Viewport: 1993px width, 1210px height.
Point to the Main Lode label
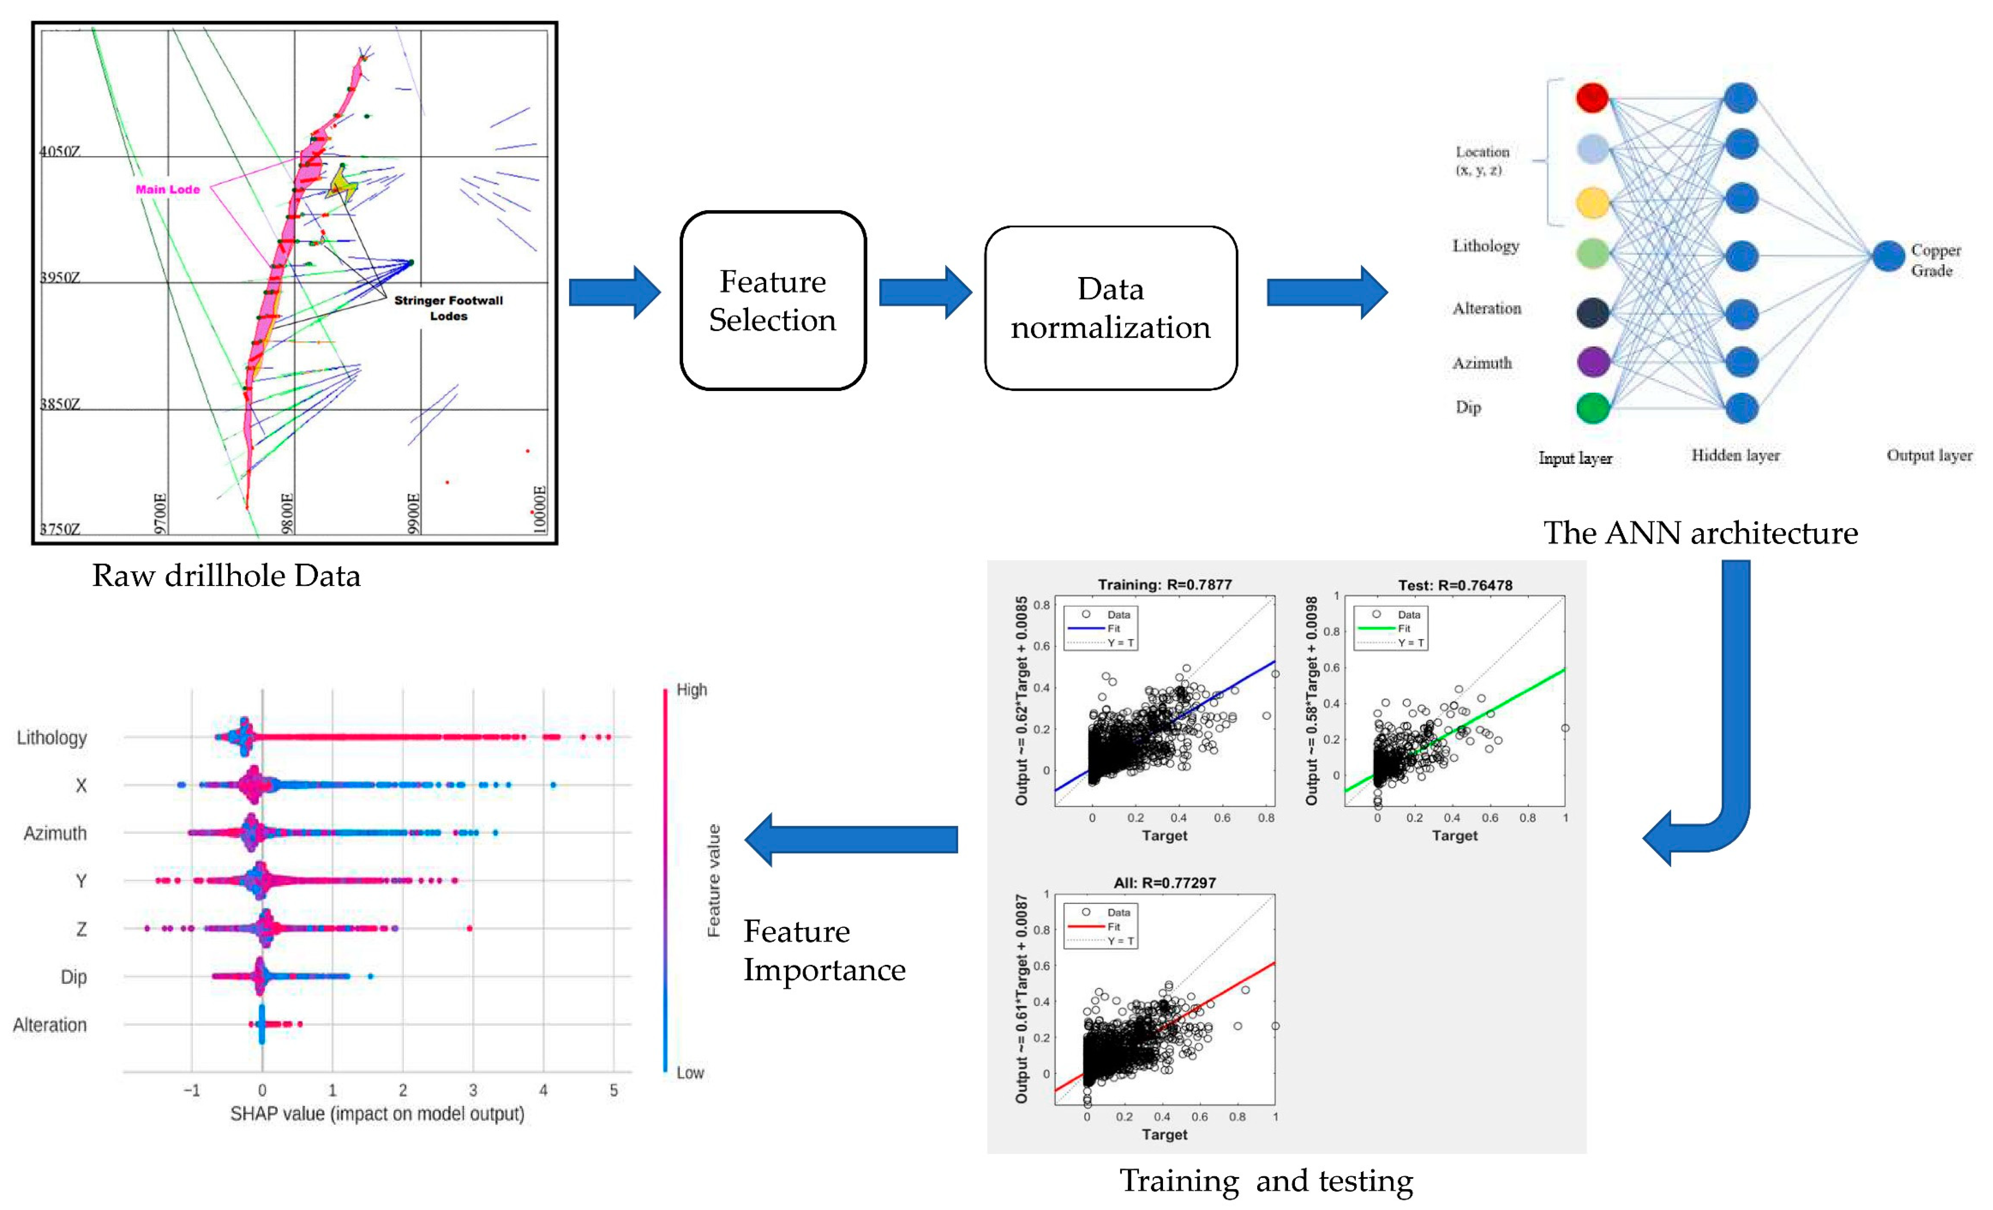point(167,189)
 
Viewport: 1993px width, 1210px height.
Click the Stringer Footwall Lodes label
point(448,308)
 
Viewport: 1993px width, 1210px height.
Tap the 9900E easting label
point(413,513)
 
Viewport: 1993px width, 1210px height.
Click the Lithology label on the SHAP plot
point(52,738)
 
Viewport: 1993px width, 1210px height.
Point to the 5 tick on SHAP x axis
point(614,1090)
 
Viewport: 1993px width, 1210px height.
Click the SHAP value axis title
point(377,1114)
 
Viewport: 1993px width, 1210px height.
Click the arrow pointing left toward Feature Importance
point(851,839)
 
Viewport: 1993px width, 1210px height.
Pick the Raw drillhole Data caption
point(227,575)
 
